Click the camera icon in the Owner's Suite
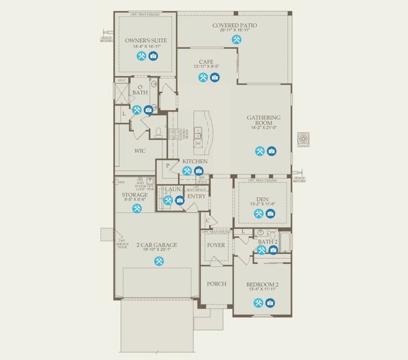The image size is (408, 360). [153, 56]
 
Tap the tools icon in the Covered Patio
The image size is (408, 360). [238, 40]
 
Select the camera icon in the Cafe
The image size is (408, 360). [215, 77]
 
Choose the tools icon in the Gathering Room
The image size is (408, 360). [260, 151]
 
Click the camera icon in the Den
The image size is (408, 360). [271, 214]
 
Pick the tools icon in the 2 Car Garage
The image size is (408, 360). [158, 261]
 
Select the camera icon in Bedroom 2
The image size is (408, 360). [271, 303]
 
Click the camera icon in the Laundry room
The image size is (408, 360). [179, 200]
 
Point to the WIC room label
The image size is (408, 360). [140, 151]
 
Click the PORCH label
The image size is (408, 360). [216, 284]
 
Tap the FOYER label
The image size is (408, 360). [216, 245]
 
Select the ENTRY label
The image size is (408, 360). [196, 196]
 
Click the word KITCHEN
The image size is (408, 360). [195, 161]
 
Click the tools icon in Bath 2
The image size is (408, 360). [262, 250]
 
